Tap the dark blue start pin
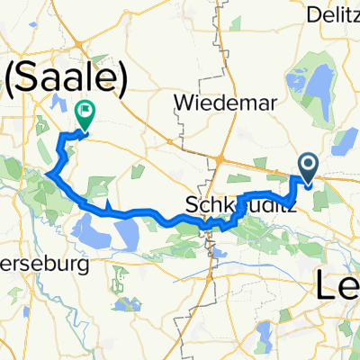309,166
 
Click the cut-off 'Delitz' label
334,14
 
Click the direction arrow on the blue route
109,210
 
